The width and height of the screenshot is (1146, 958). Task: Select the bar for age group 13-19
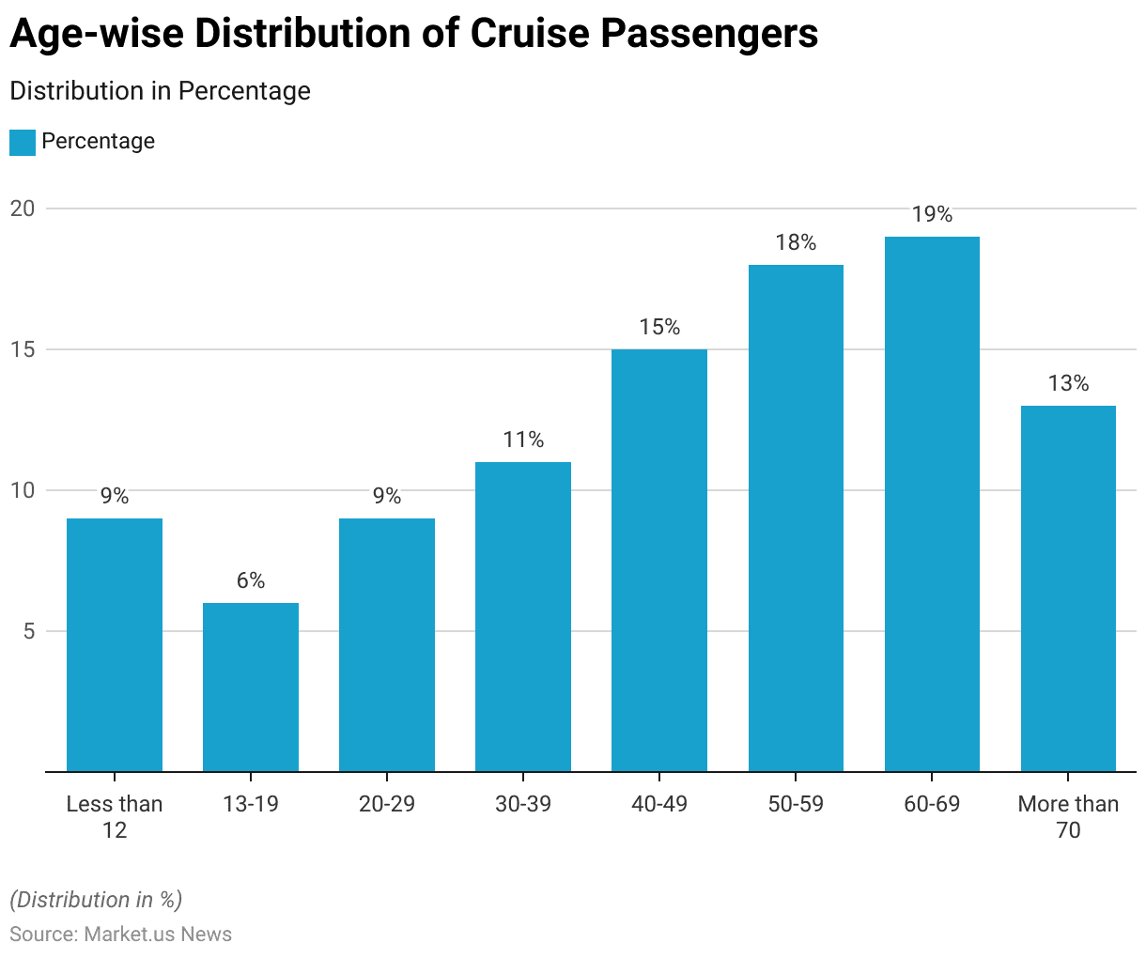click(x=251, y=687)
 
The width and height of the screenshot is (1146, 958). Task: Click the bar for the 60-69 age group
click(x=932, y=504)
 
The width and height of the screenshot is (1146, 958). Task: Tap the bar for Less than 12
click(x=115, y=644)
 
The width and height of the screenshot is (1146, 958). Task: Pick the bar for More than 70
click(x=1068, y=589)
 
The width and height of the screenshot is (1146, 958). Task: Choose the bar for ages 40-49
click(x=659, y=561)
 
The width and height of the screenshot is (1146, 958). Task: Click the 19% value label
click(x=932, y=215)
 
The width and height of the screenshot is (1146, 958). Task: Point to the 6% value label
click(x=251, y=581)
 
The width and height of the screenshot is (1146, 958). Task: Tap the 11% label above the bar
click(x=523, y=440)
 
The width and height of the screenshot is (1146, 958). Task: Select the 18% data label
click(x=796, y=243)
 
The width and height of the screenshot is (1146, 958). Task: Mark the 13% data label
click(x=1068, y=384)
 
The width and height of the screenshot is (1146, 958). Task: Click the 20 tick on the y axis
click(x=23, y=209)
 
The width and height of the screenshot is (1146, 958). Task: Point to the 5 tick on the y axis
click(x=29, y=631)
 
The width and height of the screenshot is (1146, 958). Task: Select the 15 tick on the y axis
click(x=23, y=349)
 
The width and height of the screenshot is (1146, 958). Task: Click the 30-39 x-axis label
click(x=523, y=804)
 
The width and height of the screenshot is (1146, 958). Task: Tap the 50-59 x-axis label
click(x=796, y=804)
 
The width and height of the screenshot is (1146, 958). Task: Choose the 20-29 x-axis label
click(x=387, y=804)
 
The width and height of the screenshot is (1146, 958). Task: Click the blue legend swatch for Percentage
click(x=23, y=142)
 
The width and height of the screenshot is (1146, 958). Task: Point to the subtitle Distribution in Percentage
click(x=160, y=91)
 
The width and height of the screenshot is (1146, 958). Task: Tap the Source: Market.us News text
click(x=120, y=935)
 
